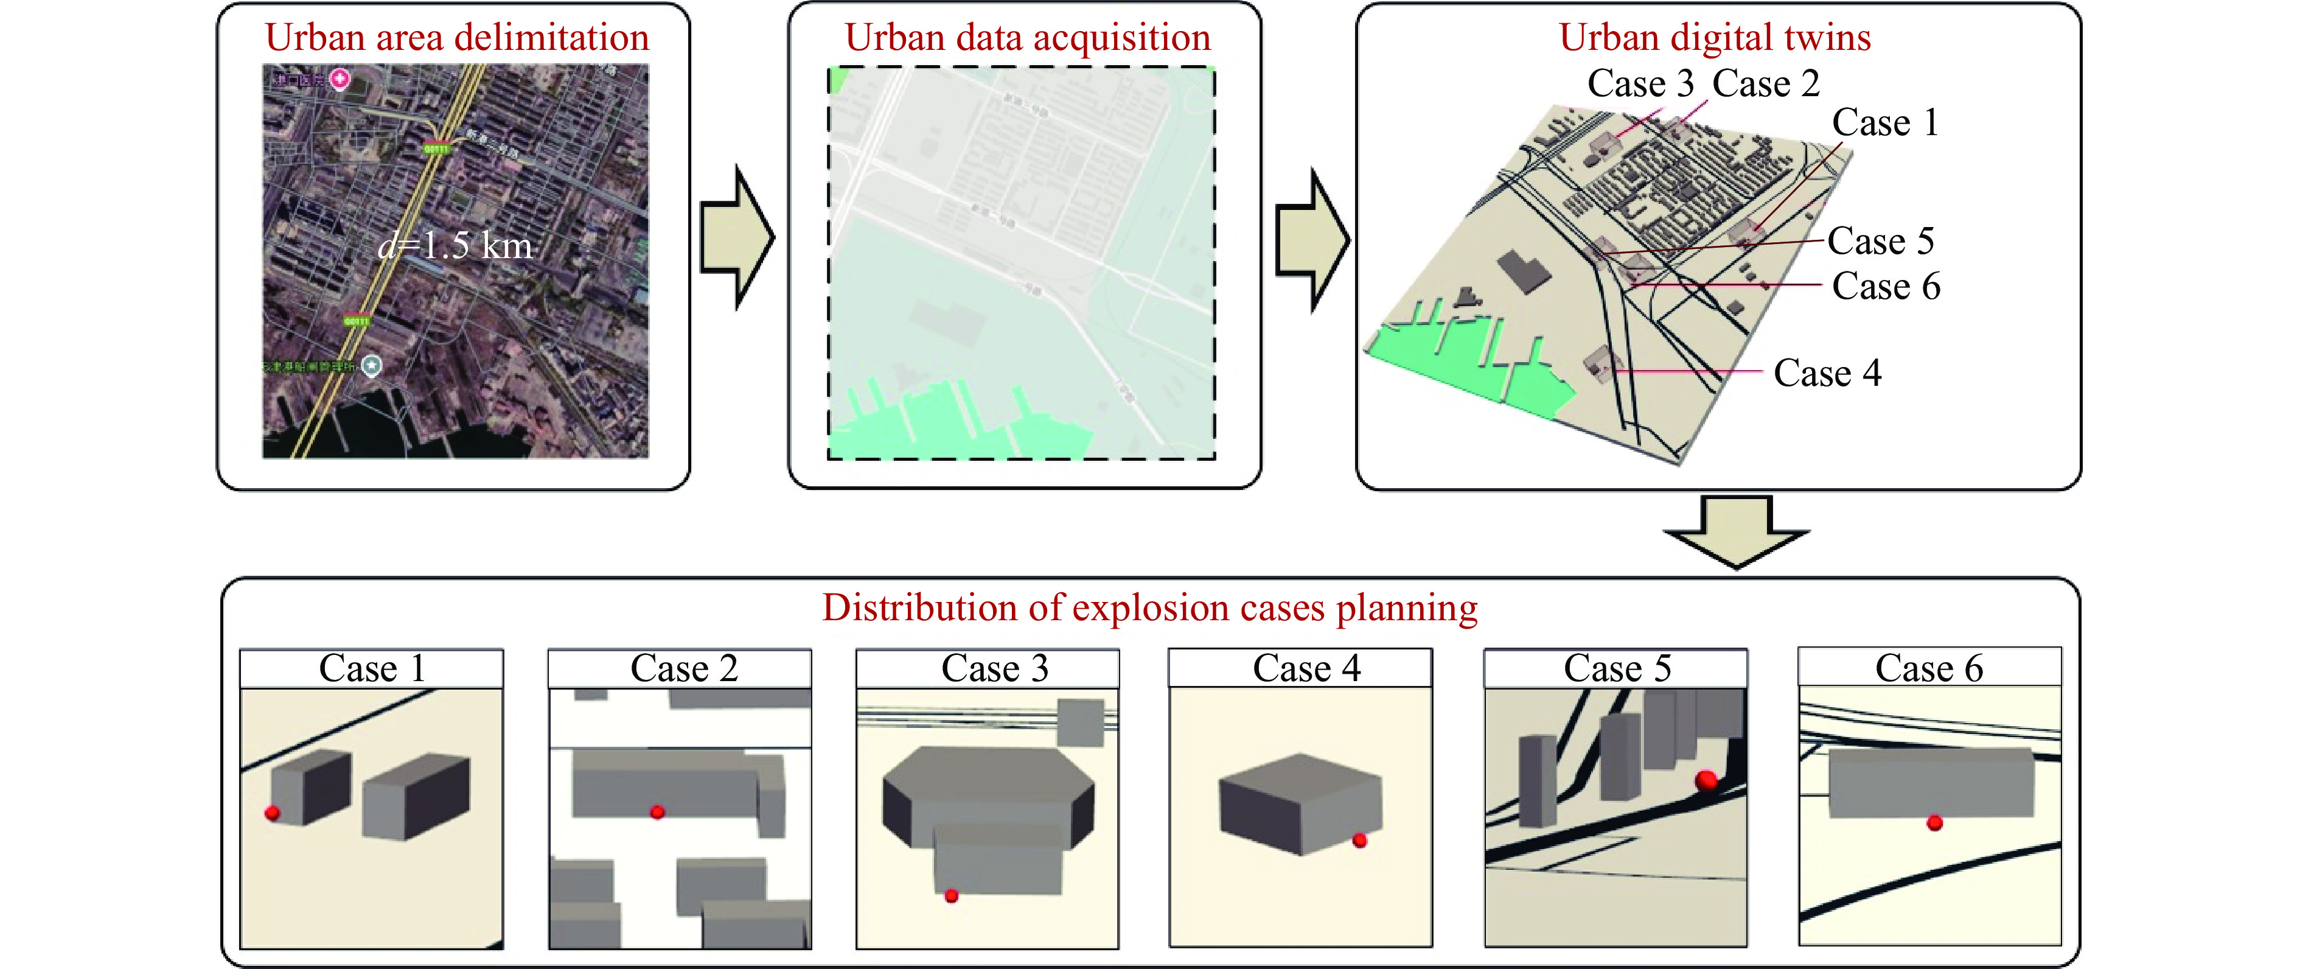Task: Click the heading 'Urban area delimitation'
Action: click(456, 38)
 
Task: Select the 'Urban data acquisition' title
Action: click(1027, 38)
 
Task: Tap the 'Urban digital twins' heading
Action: click(1714, 38)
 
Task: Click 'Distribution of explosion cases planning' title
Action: click(1149, 607)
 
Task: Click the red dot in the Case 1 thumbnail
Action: click(273, 813)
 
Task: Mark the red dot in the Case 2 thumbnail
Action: click(657, 812)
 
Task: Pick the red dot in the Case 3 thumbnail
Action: click(951, 895)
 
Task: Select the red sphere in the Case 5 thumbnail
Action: click(1706, 780)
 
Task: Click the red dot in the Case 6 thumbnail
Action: click(1934, 822)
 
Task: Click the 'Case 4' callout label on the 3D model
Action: click(1827, 373)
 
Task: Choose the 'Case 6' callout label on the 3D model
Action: click(1886, 287)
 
